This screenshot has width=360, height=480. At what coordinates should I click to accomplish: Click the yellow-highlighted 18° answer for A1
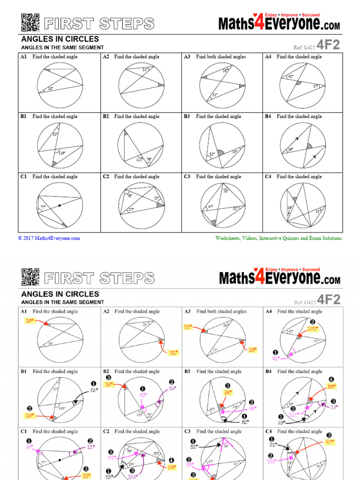[x=30, y=321]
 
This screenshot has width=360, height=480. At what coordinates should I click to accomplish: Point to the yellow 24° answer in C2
[x=172, y=467]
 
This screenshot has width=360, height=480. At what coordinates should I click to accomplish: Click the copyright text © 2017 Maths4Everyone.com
[x=49, y=238]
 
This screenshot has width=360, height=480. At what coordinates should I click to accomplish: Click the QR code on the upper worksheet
[x=30, y=22]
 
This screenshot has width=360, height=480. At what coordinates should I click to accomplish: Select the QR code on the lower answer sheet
[x=30, y=277]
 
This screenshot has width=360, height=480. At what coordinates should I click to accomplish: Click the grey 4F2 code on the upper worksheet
[x=328, y=45]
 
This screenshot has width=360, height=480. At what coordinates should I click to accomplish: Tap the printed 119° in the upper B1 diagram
[x=62, y=153]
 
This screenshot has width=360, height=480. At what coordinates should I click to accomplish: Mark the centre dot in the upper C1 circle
[x=60, y=206]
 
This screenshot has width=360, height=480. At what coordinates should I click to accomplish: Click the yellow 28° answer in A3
[x=253, y=350]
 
